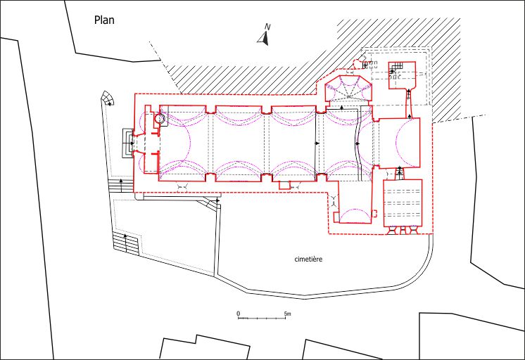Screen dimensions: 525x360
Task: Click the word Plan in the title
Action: (104, 20)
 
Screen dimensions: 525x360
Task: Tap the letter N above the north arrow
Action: (267, 27)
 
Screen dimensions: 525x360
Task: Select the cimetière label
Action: (308, 259)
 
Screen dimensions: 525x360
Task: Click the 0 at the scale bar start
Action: (239, 314)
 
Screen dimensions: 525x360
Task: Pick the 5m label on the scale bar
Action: (287, 314)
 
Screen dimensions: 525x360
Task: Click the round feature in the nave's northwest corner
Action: (160, 118)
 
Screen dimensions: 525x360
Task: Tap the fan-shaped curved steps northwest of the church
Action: (108, 98)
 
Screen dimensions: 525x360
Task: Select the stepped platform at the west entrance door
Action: (127, 143)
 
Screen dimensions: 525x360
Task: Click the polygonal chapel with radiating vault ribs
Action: (348, 89)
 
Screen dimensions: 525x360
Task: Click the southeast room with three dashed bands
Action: (403, 202)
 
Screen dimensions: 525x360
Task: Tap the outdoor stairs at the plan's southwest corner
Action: (125, 242)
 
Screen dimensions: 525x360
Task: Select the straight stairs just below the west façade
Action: (120, 184)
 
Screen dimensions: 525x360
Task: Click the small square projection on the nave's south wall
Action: (284, 185)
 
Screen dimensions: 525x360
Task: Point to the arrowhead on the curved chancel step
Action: (358, 143)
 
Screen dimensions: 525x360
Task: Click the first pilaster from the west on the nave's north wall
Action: (210, 110)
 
